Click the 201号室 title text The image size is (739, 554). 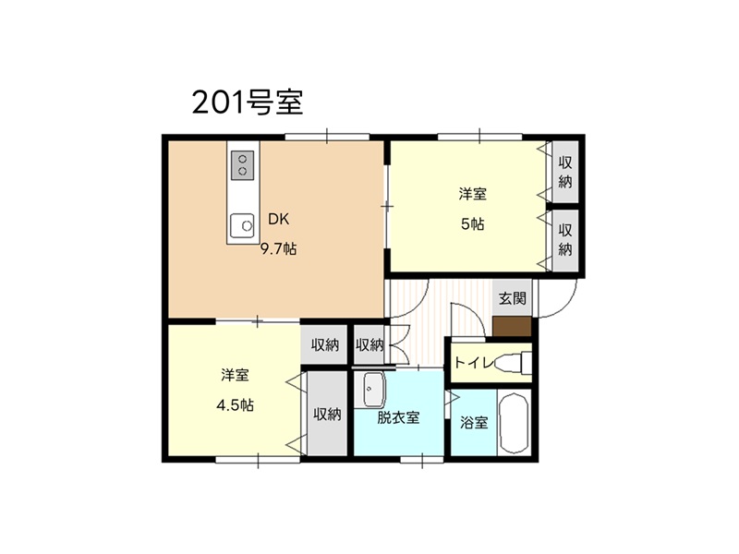click(248, 102)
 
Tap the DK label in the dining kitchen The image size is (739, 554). click(279, 219)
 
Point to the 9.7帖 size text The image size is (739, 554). click(279, 248)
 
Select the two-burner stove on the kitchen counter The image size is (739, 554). click(243, 165)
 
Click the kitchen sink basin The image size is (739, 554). click(242, 225)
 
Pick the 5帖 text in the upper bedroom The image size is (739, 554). click(472, 223)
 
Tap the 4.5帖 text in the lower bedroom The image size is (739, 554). click(235, 404)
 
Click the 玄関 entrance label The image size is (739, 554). click(513, 298)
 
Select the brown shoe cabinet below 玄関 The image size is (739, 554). click(513, 327)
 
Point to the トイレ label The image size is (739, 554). click(473, 362)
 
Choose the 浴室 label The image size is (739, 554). click(474, 423)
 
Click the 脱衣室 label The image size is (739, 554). click(398, 417)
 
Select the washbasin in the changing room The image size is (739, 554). click(374, 390)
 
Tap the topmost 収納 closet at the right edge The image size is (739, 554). click(565, 172)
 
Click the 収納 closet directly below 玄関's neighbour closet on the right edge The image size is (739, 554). click(565, 240)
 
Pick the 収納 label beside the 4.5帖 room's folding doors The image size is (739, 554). click(327, 414)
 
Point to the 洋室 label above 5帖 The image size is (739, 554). click(473, 194)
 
